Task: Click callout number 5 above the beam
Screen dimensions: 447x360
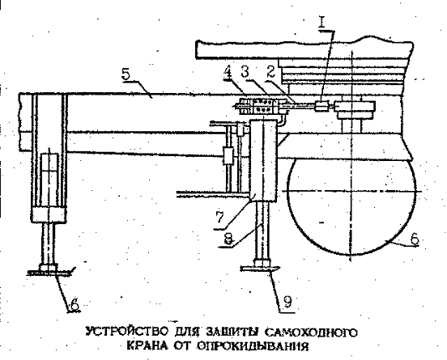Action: tap(126, 74)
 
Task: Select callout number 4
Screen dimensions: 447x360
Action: tap(228, 72)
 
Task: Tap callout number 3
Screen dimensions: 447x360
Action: tap(245, 72)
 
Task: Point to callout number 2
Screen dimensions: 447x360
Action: tap(270, 71)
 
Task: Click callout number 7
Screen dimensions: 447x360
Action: tap(219, 218)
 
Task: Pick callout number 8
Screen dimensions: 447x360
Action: tap(228, 239)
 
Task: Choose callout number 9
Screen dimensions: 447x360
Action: tap(287, 302)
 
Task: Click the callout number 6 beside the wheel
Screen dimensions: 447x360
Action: tap(415, 239)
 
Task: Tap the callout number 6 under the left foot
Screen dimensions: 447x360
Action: tap(74, 305)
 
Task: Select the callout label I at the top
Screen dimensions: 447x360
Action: tap(321, 22)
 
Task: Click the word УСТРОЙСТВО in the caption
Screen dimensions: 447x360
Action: tap(127, 332)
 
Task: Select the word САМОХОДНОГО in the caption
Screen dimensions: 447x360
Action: tap(311, 332)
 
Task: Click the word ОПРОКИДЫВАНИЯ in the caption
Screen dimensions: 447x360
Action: tap(253, 346)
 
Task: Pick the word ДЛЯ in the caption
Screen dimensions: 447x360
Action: tap(187, 332)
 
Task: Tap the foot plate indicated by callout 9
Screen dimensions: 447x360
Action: tap(260, 268)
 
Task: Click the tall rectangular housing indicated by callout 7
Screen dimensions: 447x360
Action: tap(263, 159)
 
